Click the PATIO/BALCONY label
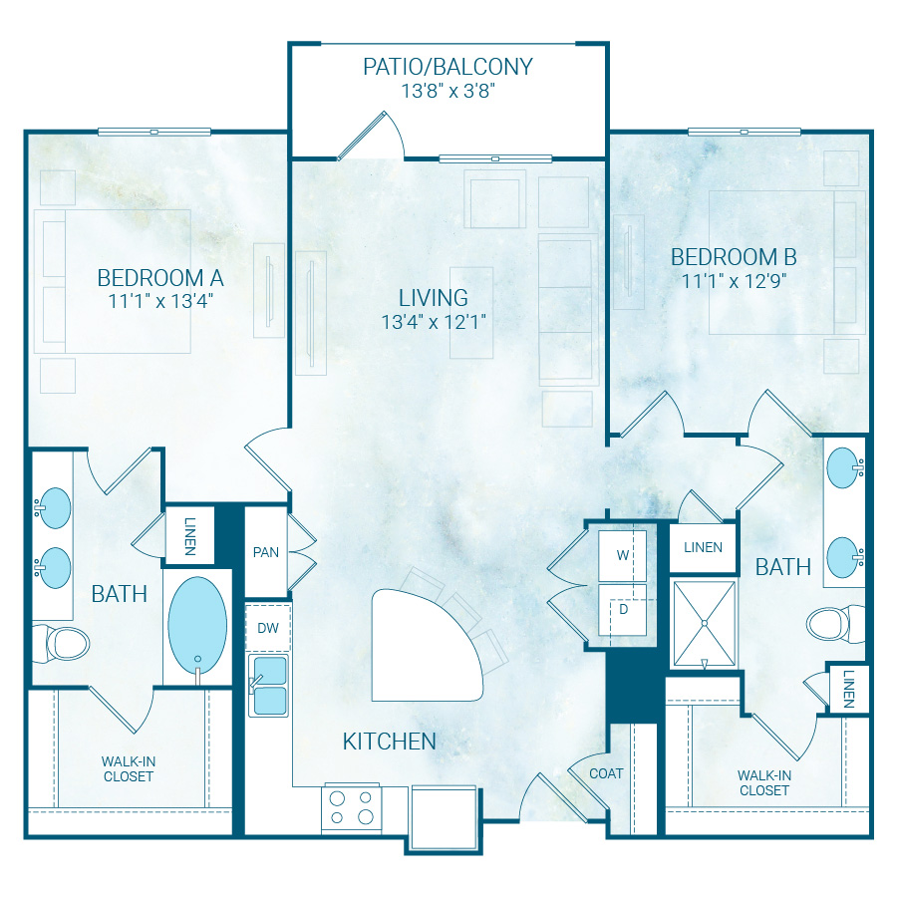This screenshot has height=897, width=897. pyautogui.click(x=448, y=68)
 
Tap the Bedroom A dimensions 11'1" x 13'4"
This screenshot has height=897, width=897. pyautogui.click(x=159, y=298)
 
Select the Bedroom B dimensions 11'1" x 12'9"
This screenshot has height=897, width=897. pyautogui.click(x=734, y=280)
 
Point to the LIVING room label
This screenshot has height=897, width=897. pyautogui.click(x=433, y=297)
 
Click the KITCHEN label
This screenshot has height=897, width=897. pyautogui.click(x=389, y=741)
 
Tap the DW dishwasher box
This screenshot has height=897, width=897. pyautogui.click(x=268, y=629)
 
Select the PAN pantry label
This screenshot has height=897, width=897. pyautogui.click(x=265, y=552)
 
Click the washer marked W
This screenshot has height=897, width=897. pyautogui.click(x=622, y=555)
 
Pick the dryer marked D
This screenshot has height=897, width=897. pyautogui.click(x=622, y=609)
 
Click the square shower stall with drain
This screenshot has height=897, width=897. pyautogui.click(x=705, y=624)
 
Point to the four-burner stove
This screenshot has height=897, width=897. pyautogui.click(x=352, y=806)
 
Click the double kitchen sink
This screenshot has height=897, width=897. pyautogui.click(x=269, y=685)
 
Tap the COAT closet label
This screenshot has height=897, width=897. pyautogui.click(x=606, y=772)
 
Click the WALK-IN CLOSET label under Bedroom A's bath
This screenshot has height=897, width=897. pyautogui.click(x=128, y=768)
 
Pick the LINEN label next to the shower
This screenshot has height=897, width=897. pyautogui.click(x=703, y=547)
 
